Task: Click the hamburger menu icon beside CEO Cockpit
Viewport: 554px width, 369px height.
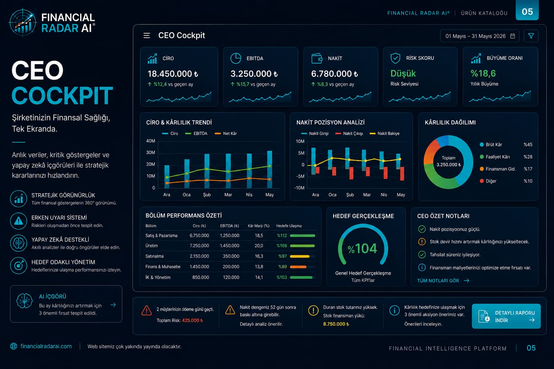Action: (x=147, y=36)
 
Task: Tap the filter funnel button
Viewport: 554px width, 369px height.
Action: (x=531, y=36)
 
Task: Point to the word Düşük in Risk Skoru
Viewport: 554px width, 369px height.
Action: (x=403, y=74)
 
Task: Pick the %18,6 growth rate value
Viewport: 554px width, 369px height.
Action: (x=483, y=74)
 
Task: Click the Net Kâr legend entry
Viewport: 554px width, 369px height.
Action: (x=226, y=133)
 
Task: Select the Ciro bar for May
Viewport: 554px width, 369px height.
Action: (x=269, y=170)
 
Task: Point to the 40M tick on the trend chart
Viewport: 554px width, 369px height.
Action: (x=150, y=141)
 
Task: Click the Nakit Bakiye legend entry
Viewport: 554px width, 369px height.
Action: (x=384, y=133)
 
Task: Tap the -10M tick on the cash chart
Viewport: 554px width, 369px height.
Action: (x=299, y=188)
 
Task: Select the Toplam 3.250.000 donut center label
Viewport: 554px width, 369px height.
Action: (x=448, y=161)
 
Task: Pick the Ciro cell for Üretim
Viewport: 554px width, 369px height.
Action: (x=199, y=246)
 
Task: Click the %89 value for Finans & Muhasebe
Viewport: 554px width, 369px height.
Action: (x=282, y=267)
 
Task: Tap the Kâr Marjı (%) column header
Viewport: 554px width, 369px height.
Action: (x=259, y=226)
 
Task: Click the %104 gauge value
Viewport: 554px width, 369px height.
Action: (x=362, y=248)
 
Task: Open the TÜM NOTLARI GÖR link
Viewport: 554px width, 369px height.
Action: (x=443, y=281)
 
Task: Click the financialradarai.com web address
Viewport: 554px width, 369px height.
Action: (x=46, y=346)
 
